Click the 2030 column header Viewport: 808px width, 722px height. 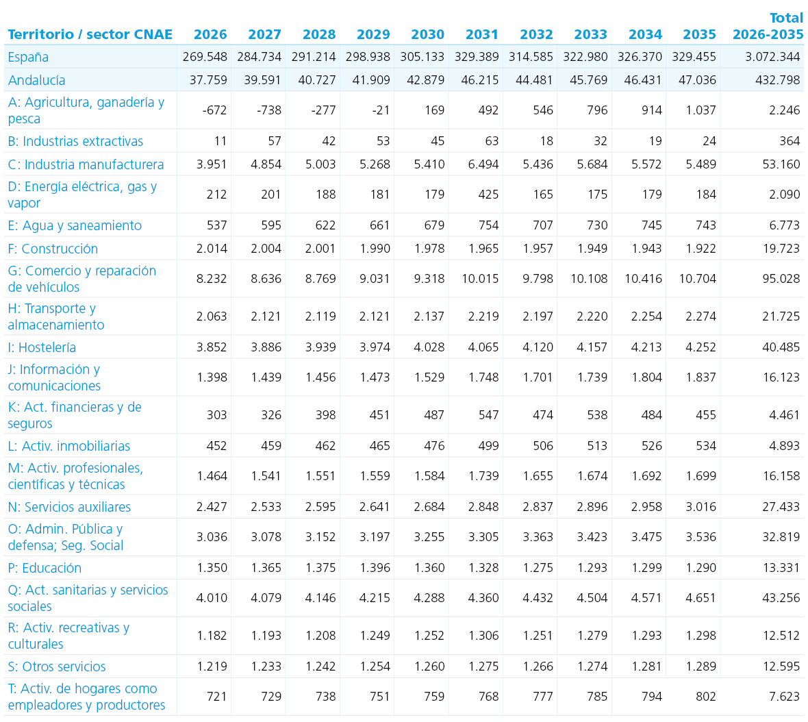[427, 34]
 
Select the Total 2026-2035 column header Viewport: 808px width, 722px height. [768, 26]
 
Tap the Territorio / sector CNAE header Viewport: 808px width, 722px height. [90, 34]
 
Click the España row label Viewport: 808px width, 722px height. [28, 58]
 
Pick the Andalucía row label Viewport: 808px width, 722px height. [36, 80]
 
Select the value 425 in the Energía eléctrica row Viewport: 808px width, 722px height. [488, 195]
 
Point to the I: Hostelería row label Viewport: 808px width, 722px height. [42, 347]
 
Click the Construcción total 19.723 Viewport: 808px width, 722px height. [781, 249]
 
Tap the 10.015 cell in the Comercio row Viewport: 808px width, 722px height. [480, 279]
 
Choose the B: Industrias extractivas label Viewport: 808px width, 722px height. [75, 141]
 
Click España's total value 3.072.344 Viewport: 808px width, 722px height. [772, 57]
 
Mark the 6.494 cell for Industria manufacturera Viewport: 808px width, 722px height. [483, 164]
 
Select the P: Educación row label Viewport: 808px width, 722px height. [45, 568]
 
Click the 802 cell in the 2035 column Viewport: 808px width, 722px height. [705, 697]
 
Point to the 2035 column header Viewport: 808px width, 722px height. [699, 34]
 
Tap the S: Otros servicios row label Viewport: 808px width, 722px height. [57, 667]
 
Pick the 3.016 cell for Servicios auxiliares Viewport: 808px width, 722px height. [700, 507]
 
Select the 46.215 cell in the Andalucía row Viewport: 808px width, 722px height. [480, 80]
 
